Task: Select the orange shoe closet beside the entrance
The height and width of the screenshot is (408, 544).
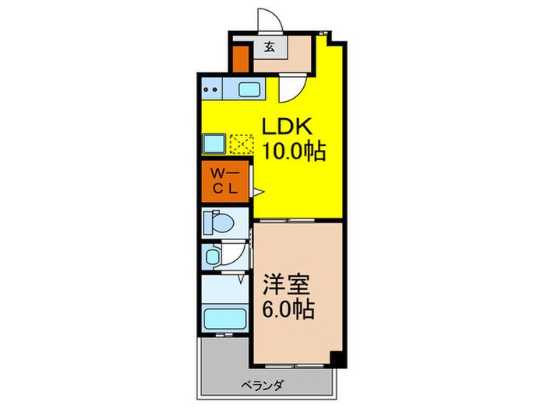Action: (x=242, y=59)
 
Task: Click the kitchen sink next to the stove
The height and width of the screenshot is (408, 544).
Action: (x=249, y=89)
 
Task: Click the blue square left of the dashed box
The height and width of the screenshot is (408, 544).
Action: (x=214, y=144)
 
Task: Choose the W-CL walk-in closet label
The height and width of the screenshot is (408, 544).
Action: (x=225, y=180)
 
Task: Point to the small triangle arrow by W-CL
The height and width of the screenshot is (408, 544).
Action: (x=260, y=189)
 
